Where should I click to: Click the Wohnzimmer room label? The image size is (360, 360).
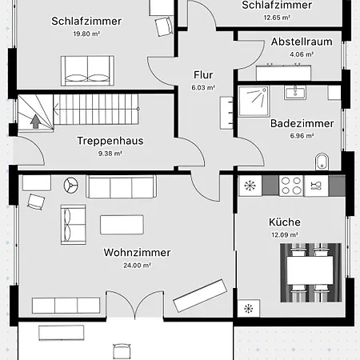tap(137, 253)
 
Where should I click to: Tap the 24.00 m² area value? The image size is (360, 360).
tap(137, 266)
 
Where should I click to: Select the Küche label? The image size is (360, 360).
tap(285, 222)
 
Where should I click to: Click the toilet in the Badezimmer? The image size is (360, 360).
tap(322, 162)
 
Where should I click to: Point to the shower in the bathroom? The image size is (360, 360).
tap(254, 102)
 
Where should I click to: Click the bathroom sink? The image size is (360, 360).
tap(295, 93)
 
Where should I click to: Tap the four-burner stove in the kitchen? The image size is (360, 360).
tap(291, 186)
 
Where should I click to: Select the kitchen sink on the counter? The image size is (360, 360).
tap(316, 186)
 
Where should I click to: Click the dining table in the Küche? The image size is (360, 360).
tap(310, 270)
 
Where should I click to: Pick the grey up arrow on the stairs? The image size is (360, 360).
tap(35, 122)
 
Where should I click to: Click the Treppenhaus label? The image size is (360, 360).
tap(110, 141)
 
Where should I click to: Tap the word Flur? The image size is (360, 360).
tap(203, 75)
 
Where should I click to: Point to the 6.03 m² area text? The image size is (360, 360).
tap(203, 87)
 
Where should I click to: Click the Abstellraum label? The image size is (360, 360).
tap(302, 42)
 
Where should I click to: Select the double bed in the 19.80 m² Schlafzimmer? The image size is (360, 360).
tap(87, 71)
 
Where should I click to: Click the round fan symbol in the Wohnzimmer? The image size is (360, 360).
tap(71, 185)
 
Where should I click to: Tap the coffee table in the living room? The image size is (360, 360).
tap(122, 225)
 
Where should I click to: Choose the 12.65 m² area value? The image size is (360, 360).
tap(277, 18)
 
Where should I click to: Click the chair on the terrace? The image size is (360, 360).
tap(122, 351)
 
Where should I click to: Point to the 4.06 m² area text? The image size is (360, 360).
tap(302, 54)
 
